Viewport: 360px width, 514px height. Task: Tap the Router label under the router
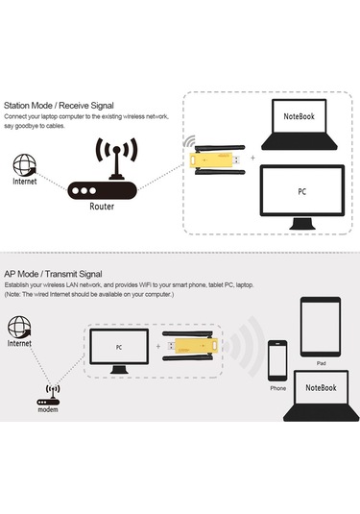pyautogui.click(x=103, y=206)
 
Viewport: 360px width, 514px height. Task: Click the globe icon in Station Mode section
pyautogui.click(x=25, y=164)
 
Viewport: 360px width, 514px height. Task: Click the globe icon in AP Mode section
pyautogui.click(x=20, y=326)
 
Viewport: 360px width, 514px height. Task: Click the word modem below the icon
pyautogui.click(x=49, y=409)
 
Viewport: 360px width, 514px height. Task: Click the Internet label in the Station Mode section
pyautogui.click(x=25, y=183)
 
